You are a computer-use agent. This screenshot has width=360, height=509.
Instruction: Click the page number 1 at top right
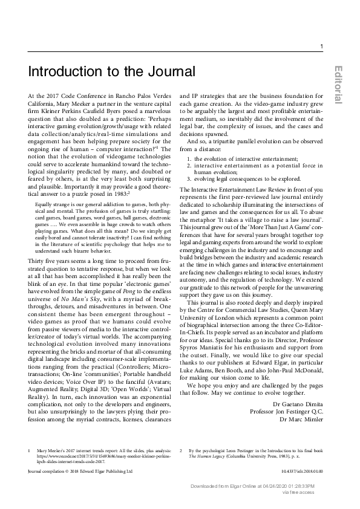[x=321, y=47]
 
